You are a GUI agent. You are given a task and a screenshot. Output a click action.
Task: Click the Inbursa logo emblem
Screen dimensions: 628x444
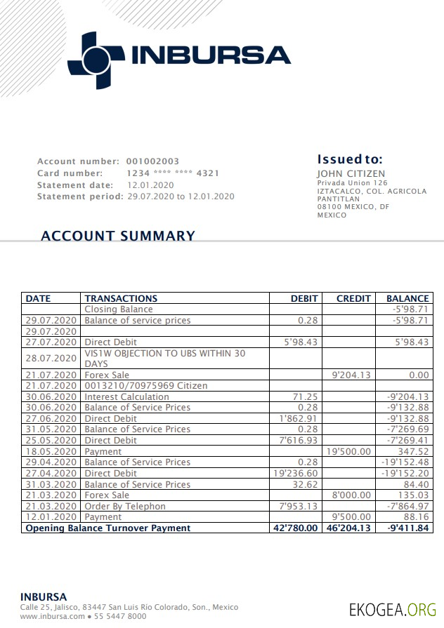pyautogui.click(x=96, y=60)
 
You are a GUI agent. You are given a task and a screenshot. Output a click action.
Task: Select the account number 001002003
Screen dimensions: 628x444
pyautogui.click(x=152, y=161)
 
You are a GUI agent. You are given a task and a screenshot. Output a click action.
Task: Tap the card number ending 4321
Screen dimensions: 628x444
pyautogui.click(x=173, y=173)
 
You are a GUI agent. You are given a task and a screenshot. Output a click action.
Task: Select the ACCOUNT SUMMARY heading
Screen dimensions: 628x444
pyautogui.click(x=117, y=236)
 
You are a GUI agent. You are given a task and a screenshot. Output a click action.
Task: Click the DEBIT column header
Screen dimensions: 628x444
pyautogui.click(x=304, y=298)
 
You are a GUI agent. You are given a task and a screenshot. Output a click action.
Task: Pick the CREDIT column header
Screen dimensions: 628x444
pyautogui.click(x=353, y=298)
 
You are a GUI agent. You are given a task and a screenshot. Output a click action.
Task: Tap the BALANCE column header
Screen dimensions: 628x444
pyautogui.click(x=407, y=298)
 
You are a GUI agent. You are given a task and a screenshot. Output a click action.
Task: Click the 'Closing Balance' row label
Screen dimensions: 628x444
pyautogui.click(x=118, y=309)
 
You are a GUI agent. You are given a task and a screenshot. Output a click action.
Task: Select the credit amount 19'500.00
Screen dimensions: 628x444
pyautogui.click(x=348, y=451)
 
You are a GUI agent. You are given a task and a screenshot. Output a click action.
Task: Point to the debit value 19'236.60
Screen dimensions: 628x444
pyautogui.click(x=295, y=474)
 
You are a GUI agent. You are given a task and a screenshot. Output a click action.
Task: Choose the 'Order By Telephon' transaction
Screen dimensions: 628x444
pyautogui.click(x=125, y=506)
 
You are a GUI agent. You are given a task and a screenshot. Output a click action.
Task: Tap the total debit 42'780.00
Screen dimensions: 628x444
pyautogui.click(x=295, y=528)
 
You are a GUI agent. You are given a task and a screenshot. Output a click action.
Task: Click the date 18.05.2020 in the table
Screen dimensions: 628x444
pyautogui.click(x=51, y=451)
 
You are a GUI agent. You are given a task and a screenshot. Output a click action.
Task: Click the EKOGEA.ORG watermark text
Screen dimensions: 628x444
pyautogui.click(x=393, y=609)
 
